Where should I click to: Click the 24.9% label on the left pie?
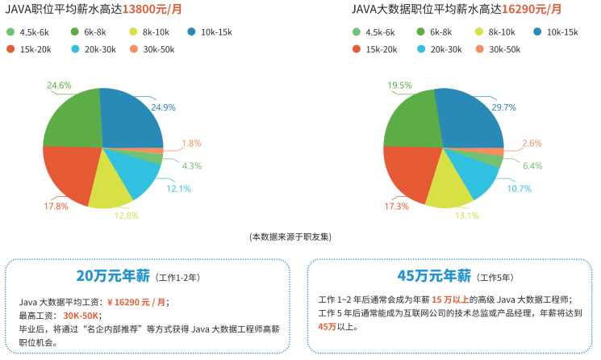click(x=163, y=107)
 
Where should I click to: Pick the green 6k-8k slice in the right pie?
click(x=411, y=121)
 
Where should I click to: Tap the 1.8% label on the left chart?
click(x=191, y=143)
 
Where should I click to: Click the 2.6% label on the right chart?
click(x=532, y=143)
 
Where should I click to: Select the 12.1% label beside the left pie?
click(x=178, y=189)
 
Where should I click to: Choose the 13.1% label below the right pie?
click(x=467, y=216)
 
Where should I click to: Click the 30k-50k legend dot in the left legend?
click(x=132, y=49)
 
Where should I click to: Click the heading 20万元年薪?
click(x=113, y=276)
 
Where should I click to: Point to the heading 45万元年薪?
click(x=433, y=276)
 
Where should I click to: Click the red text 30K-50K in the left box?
click(x=81, y=316)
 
